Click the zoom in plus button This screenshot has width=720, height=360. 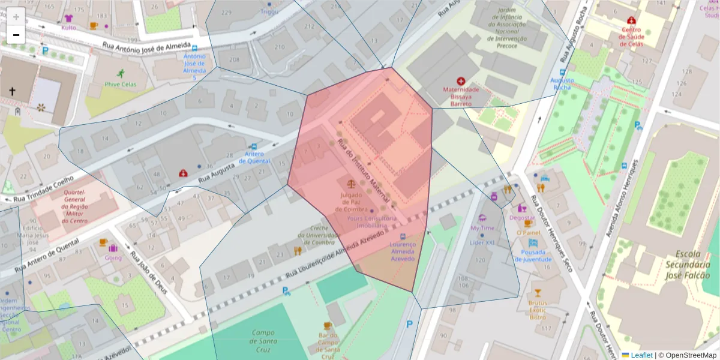point(16,16)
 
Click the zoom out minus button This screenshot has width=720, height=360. point(16,35)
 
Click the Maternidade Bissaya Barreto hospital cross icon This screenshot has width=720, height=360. point(461,81)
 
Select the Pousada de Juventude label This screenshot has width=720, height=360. point(529,256)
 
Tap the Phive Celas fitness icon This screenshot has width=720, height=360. point(120,74)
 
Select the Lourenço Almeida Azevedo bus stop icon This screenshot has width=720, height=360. point(402,237)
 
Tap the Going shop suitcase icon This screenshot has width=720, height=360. point(113,247)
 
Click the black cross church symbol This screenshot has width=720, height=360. point(12,91)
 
